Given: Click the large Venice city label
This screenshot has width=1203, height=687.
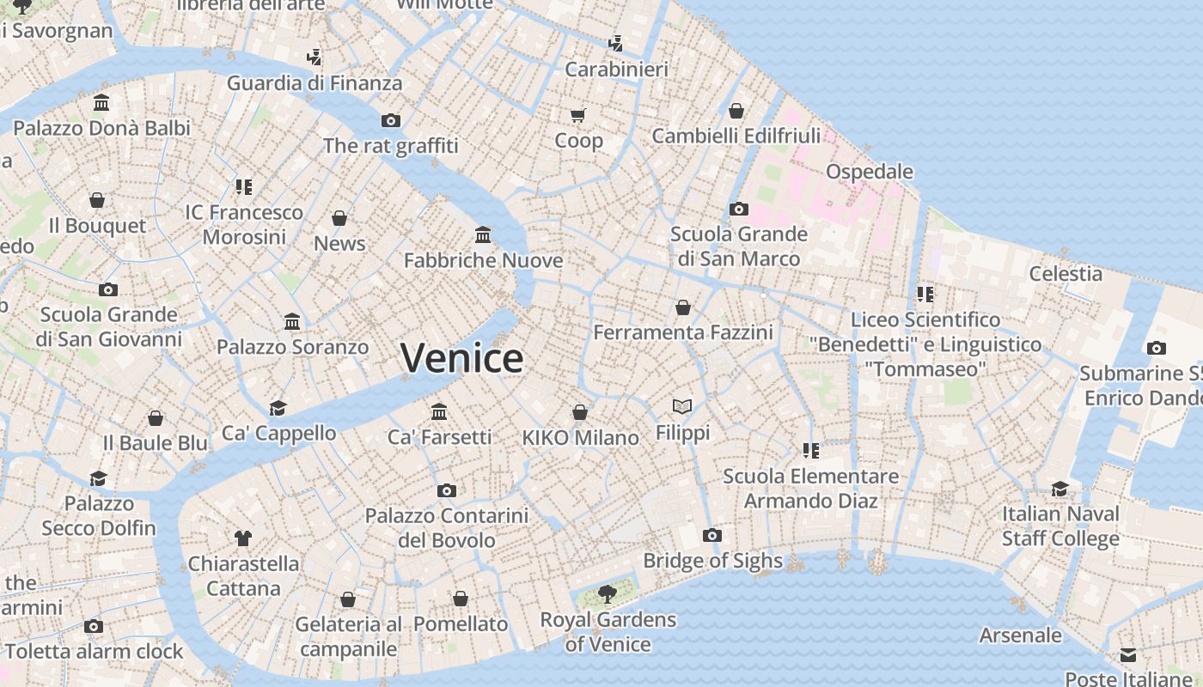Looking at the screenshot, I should click(461, 358).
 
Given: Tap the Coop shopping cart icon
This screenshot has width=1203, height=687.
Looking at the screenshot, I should click(578, 115).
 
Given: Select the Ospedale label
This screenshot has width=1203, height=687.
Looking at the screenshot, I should click(869, 172).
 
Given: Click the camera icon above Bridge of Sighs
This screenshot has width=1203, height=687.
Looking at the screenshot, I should click(711, 536).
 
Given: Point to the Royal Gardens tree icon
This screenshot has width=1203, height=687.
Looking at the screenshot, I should click(608, 593).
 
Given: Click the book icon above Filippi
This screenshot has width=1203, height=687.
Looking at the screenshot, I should click(682, 406).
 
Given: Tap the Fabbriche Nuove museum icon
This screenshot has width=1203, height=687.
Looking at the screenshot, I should click(483, 234).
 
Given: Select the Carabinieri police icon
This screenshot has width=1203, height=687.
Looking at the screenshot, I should click(615, 43).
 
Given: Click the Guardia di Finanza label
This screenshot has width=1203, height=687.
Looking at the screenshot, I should click(314, 83).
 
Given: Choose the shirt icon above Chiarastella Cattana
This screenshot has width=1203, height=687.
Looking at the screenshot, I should click(243, 538).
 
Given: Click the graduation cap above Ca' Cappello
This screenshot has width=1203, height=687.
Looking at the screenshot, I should click(278, 407).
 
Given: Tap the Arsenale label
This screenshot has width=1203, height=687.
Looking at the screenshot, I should click(1021, 635).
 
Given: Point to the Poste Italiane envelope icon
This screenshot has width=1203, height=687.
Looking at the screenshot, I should click(1128, 656).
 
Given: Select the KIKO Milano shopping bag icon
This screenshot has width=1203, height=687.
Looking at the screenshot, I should click(580, 412).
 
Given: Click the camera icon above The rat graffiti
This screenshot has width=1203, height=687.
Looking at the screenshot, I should click(391, 120).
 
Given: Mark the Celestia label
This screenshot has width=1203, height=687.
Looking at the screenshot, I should click(1066, 274).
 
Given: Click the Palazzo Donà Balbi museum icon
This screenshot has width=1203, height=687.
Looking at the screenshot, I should click(101, 103).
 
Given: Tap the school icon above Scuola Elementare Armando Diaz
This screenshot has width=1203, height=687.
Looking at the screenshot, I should click(810, 450).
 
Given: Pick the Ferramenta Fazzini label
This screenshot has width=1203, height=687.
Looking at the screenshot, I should click(683, 332).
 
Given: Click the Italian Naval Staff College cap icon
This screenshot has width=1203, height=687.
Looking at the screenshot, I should click(1060, 489).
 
